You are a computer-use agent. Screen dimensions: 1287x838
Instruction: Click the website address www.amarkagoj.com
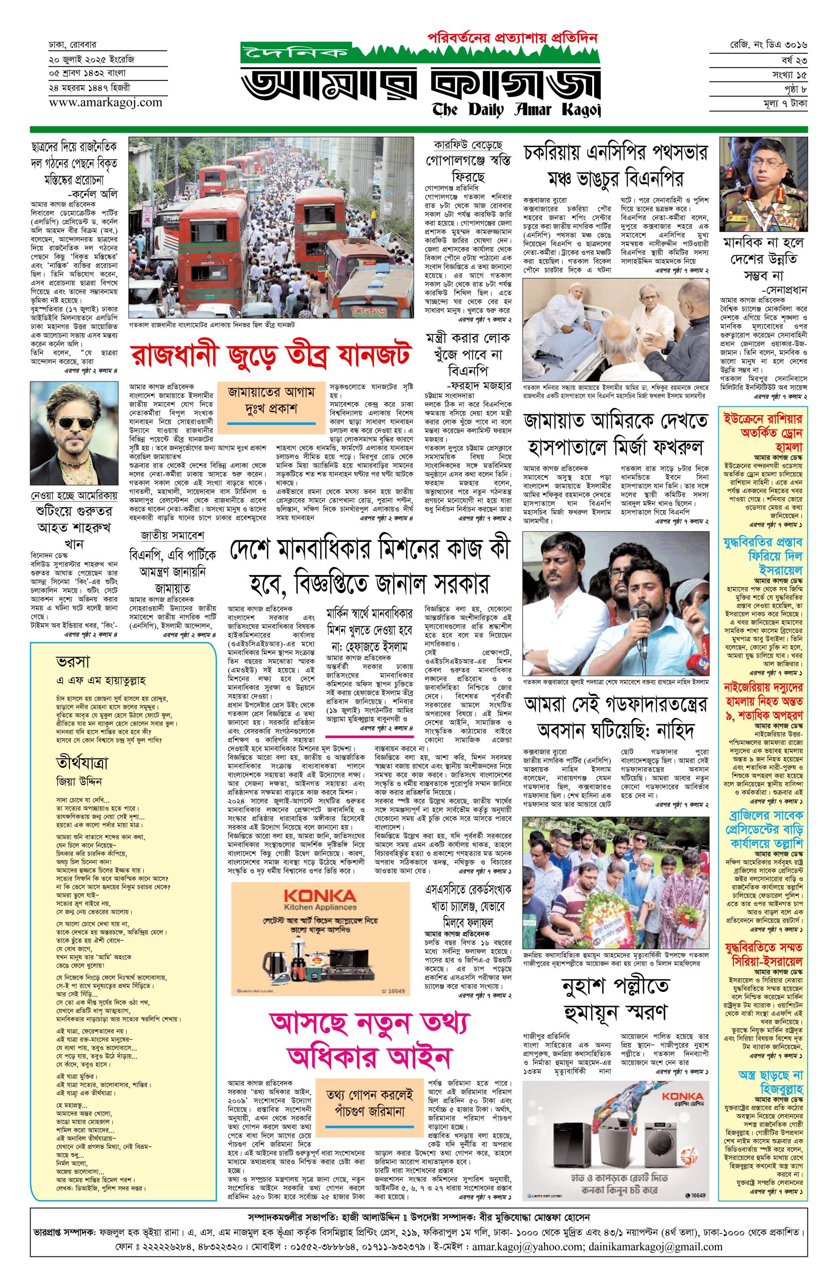105,102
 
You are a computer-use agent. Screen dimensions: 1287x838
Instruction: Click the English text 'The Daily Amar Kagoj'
516,110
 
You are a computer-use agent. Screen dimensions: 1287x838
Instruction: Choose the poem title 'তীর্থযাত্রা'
81,764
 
